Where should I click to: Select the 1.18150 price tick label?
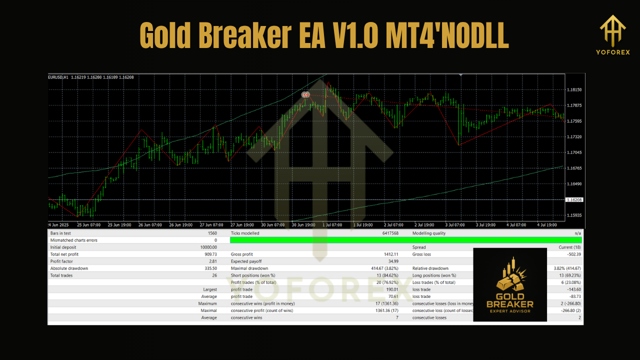click(x=574, y=89)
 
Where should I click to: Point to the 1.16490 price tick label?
click(x=574, y=184)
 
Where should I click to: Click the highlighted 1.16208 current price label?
click(x=574, y=199)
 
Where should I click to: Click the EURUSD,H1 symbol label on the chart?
click(x=58, y=77)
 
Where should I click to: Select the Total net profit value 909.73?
click(x=208, y=254)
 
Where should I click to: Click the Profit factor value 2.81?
click(x=212, y=261)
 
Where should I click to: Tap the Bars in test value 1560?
click(x=211, y=233)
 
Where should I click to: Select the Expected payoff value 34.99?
click(x=391, y=261)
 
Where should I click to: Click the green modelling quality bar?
click(x=406, y=240)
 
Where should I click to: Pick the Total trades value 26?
click(x=214, y=275)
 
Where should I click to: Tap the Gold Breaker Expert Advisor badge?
click(x=509, y=284)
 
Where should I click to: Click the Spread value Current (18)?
click(x=570, y=247)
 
